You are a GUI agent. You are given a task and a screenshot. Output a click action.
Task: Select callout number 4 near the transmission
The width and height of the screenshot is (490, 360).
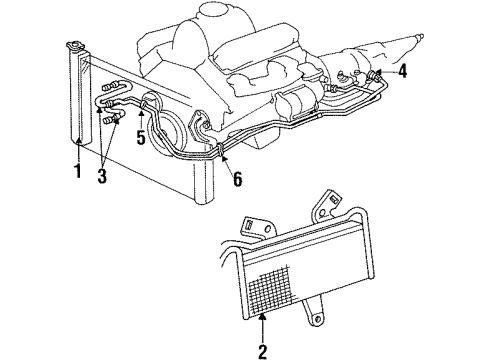pos(402,70)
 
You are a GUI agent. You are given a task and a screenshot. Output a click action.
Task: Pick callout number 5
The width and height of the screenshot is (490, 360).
pos(141,136)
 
